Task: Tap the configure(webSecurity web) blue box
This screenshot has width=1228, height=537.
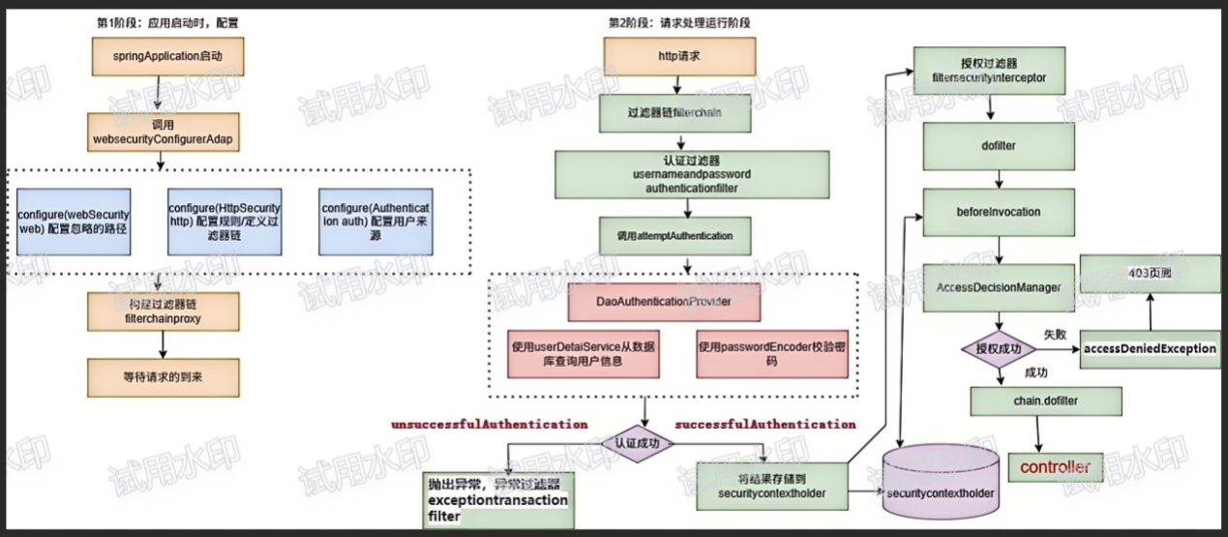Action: coord(74,222)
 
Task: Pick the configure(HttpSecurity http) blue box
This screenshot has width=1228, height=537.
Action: coord(225,222)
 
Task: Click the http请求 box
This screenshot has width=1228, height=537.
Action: coord(674,57)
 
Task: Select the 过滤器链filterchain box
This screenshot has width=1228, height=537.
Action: coord(674,112)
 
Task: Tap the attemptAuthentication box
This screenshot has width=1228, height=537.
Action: coord(674,234)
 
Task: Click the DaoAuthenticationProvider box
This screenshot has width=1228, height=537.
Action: coord(664,301)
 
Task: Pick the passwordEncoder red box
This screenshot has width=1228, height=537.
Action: coord(771,353)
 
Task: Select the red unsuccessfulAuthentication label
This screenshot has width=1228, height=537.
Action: coord(489,424)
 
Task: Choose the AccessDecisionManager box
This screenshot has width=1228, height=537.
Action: coord(986,288)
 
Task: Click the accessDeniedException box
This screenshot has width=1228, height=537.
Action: coord(1150,348)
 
